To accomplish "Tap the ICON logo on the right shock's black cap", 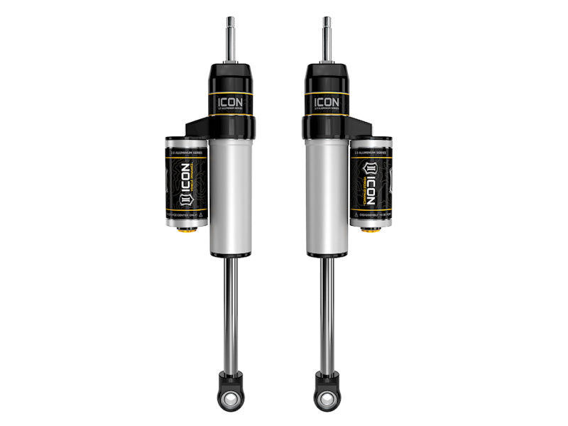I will pos(327,101).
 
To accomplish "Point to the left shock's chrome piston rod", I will pos(231,312).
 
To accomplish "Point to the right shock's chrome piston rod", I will pos(327,312).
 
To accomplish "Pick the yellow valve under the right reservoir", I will pos(369,230).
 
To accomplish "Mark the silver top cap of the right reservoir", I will pos(371,142).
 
